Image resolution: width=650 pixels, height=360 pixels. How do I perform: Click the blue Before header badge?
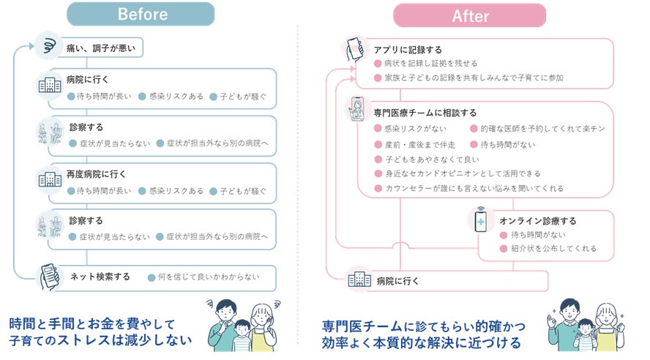click(141, 14)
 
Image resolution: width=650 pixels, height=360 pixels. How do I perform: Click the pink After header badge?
click(469, 15)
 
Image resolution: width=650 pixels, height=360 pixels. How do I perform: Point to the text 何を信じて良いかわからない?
click(204, 277)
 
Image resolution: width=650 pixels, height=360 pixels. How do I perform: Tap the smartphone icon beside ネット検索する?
click(48, 277)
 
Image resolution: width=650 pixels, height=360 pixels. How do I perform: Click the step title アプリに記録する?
click(408, 50)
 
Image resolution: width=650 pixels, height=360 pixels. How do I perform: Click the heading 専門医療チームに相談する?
click(425, 113)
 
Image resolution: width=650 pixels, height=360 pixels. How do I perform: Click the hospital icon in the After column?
click(358, 280)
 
